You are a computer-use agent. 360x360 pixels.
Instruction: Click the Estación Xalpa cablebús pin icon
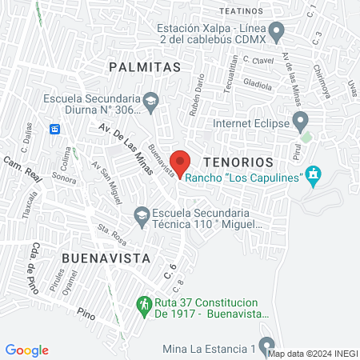click(x=277, y=34)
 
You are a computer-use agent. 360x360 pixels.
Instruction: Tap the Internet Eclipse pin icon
click(x=301, y=123)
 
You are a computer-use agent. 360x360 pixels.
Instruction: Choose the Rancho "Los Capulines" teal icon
click(x=314, y=176)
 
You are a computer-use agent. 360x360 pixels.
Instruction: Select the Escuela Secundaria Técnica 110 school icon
click(x=141, y=214)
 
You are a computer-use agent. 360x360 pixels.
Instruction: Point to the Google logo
click(x=27, y=350)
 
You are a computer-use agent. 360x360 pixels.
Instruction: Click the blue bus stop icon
click(x=55, y=128)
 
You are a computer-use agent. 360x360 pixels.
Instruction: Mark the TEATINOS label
click(x=241, y=11)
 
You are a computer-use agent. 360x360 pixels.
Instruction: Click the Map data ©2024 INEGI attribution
click(x=313, y=353)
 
